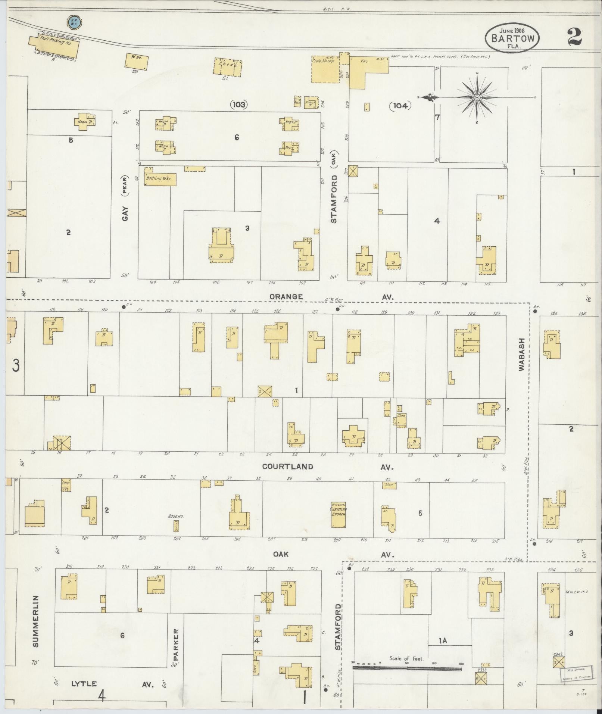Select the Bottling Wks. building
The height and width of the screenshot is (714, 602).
click(x=160, y=179)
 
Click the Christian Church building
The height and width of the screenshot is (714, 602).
click(x=338, y=514)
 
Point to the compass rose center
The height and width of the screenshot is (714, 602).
click(x=477, y=98)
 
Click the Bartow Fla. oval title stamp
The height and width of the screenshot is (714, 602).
click(x=512, y=38)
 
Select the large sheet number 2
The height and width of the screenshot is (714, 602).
click(x=575, y=36)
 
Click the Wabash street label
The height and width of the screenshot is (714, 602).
click(x=521, y=354)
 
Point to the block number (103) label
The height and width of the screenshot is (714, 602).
click(x=239, y=105)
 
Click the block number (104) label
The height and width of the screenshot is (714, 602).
click(x=400, y=106)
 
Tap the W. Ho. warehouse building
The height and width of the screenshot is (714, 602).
click(x=137, y=62)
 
